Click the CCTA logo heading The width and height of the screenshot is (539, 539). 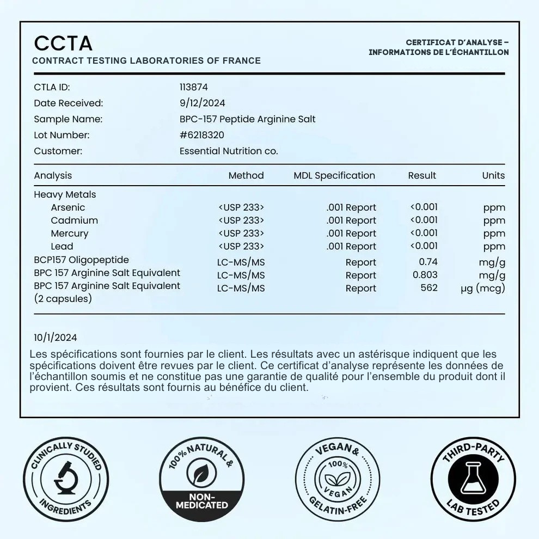coord(63,44)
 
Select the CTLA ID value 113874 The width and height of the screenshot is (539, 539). coord(193,87)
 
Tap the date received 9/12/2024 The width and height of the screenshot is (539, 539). coord(202,103)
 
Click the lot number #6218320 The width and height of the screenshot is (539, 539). coord(201,135)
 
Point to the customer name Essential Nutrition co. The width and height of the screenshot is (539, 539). coord(229,151)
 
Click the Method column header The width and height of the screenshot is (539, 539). coord(246,175)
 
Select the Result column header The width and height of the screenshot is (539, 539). coord(422,175)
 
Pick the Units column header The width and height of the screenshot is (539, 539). coord(493,175)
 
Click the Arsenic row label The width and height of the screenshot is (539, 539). coord(68,207)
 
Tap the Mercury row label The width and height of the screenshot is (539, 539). coord(69,234)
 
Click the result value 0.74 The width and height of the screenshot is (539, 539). coord(428,262)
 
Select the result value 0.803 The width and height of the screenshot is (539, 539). coord(425,275)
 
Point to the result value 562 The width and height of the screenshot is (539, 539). coord(429,287)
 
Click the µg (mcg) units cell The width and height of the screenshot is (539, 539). coord(482,288)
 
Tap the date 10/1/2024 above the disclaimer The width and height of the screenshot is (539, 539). coord(56,338)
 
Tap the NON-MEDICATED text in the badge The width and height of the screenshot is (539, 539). coord(201,501)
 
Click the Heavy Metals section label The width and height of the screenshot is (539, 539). coord(65,194)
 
